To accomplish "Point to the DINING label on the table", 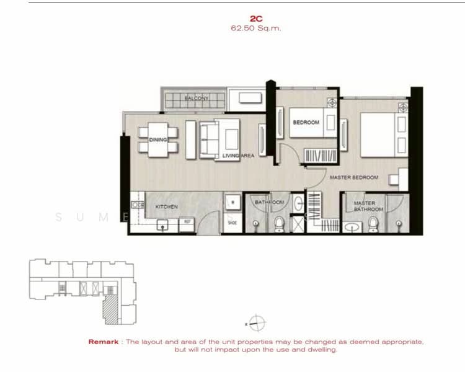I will tap(158, 139).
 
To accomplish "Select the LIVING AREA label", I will tap(239, 156).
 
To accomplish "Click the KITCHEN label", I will tap(166, 206).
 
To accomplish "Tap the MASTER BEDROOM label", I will tap(353, 178).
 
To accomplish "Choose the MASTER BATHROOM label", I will tap(365, 206).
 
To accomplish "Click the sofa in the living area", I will tap(208, 138).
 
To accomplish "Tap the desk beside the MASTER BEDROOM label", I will tap(394, 179).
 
